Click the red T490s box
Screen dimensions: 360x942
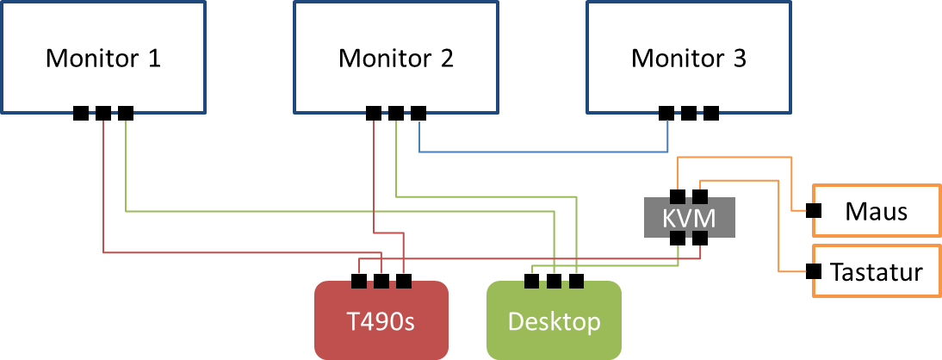381,320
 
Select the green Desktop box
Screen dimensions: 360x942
554,320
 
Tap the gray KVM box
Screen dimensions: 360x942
689,218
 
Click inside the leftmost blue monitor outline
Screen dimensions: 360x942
103,57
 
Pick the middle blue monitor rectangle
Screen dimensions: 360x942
395,57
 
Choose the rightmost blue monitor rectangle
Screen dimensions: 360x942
688,57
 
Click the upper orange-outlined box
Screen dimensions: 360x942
877,210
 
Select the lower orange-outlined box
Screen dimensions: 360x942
877,270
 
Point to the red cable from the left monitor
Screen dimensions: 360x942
103,189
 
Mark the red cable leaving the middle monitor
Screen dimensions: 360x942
374,172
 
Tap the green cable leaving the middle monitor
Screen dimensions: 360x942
396,155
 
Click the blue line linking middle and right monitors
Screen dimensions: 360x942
542,152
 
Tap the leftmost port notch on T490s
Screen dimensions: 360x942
358,283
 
